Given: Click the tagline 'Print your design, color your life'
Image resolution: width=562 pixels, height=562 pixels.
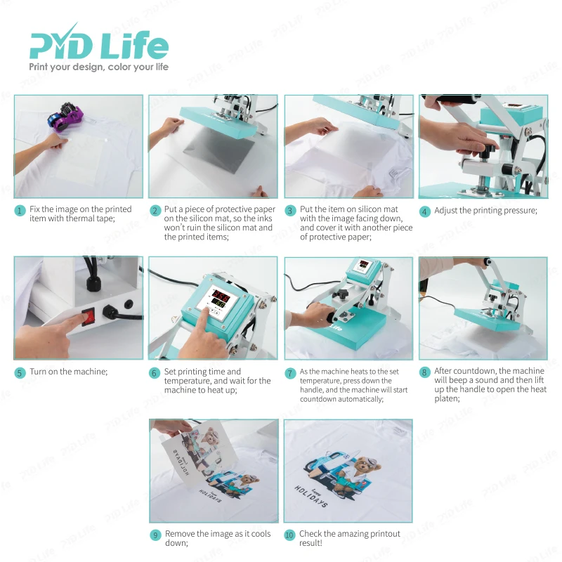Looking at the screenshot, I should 98,67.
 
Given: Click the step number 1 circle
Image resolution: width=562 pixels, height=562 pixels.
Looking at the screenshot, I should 20,211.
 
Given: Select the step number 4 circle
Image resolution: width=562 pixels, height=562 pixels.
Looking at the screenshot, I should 424,211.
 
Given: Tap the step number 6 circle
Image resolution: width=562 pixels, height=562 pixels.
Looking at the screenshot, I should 155,373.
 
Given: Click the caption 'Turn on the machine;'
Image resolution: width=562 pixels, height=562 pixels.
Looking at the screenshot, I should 69,372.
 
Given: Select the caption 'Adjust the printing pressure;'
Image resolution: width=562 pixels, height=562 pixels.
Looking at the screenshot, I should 485,211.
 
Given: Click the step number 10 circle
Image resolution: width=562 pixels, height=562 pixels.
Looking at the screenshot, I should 289,535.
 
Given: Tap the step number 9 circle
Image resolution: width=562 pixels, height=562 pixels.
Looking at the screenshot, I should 155,535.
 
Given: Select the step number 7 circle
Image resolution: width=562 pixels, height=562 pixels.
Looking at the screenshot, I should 289,373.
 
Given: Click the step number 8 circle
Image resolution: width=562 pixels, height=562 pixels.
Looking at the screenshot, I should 424,373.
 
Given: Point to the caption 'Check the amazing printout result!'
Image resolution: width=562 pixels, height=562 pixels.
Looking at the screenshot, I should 349,538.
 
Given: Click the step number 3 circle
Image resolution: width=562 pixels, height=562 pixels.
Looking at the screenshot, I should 289,211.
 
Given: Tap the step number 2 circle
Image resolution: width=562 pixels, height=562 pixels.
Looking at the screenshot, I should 155,211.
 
